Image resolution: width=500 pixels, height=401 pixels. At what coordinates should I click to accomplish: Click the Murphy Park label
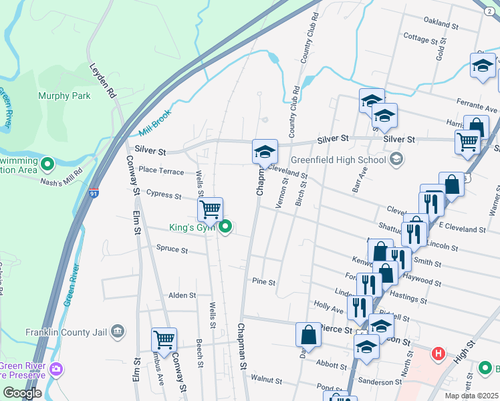pyautogui.click(x=64, y=96)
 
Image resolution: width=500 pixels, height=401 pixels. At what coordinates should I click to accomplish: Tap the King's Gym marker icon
pyautogui.click(x=226, y=228)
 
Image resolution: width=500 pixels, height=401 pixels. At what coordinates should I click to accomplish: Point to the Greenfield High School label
pyautogui.click(x=339, y=160)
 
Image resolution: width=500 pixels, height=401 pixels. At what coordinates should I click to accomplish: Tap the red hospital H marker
pyautogui.click(x=439, y=353)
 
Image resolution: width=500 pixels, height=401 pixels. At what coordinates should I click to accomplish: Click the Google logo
pyautogui.click(x=22, y=393)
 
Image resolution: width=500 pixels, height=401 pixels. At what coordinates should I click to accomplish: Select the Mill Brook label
pyautogui.click(x=155, y=122)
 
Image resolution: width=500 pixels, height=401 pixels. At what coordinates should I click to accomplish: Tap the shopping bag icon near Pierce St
pyautogui.click(x=309, y=334)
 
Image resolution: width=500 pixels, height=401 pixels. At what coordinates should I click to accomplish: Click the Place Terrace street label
pyautogui.click(x=161, y=172)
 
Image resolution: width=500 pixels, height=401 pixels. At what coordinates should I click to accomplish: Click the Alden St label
pyautogui.click(x=182, y=295)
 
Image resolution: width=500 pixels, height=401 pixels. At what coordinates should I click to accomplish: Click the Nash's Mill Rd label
pyautogui.click(x=60, y=178)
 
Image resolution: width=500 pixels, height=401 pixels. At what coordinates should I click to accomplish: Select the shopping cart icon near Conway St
pyautogui.click(x=164, y=339)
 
